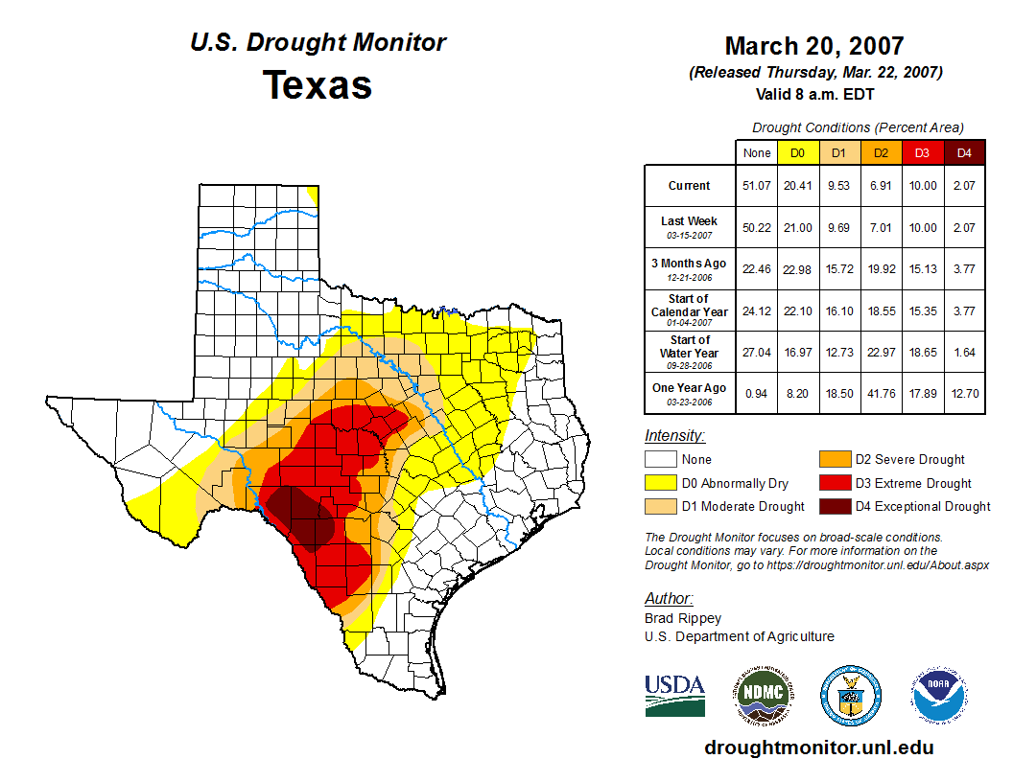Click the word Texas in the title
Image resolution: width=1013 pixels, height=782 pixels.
click(x=318, y=84)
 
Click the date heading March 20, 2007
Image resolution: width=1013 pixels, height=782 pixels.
click(x=814, y=46)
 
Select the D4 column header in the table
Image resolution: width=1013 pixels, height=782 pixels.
click(x=964, y=152)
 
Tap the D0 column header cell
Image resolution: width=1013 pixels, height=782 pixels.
click(x=797, y=152)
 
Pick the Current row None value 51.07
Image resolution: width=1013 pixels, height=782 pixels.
click(x=756, y=186)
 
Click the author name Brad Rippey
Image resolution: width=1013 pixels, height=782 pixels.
click(x=683, y=618)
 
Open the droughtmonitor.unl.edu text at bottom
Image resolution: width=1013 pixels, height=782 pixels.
click(x=818, y=747)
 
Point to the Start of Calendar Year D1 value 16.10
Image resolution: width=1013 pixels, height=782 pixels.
click(x=838, y=310)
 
